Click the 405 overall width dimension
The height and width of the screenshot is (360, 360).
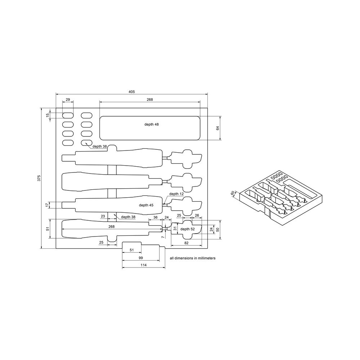131,92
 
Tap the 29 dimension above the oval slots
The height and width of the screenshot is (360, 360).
68,99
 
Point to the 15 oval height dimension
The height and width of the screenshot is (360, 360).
47,115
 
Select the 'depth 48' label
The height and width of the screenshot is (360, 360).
151,124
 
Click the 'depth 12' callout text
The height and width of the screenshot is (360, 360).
176,194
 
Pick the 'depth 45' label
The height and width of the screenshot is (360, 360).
146,205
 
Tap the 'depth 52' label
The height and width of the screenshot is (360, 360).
187,229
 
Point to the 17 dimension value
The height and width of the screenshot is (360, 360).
47,205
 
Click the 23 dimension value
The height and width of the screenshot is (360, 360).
103,216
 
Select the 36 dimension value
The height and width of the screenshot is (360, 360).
156,217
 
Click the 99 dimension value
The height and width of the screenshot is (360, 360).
141,258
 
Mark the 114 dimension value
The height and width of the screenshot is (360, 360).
143,265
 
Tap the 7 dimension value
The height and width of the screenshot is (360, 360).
163,237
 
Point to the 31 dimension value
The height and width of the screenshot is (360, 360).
175,229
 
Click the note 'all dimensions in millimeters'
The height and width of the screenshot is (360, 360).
192,258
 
